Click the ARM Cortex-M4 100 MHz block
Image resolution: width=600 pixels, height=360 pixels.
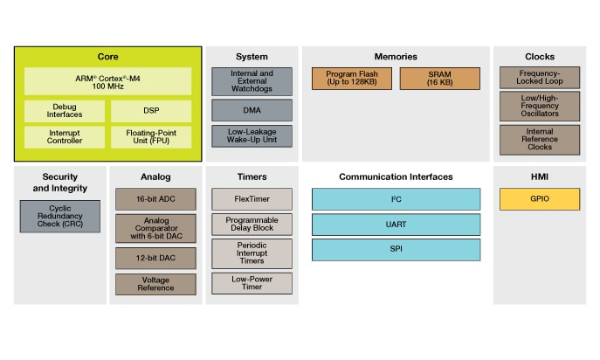click(107, 82)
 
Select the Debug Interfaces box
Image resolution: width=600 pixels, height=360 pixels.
click(65, 111)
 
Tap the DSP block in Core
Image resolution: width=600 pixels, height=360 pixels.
click(150, 111)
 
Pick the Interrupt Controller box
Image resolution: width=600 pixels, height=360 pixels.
click(65, 136)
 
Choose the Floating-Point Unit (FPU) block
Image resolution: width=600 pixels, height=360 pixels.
click(150, 136)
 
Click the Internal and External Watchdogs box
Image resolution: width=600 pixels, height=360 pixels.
click(252, 81)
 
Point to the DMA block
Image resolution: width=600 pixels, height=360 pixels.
click(252, 111)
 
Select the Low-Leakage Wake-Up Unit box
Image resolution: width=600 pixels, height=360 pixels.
click(252, 136)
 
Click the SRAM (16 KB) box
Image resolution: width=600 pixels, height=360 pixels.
click(440, 79)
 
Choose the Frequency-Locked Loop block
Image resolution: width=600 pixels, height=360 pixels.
click(539, 78)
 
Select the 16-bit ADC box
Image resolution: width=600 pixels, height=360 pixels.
click(155, 199)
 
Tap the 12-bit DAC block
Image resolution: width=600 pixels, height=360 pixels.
click(155, 258)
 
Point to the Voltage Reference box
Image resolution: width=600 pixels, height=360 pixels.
click(155, 283)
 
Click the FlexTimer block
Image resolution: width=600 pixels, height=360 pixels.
click(252, 199)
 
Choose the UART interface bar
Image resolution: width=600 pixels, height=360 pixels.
click(396, 225)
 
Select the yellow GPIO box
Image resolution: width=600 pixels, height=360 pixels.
click(539, 199)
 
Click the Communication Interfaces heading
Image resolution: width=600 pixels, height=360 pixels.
click(396, 177)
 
